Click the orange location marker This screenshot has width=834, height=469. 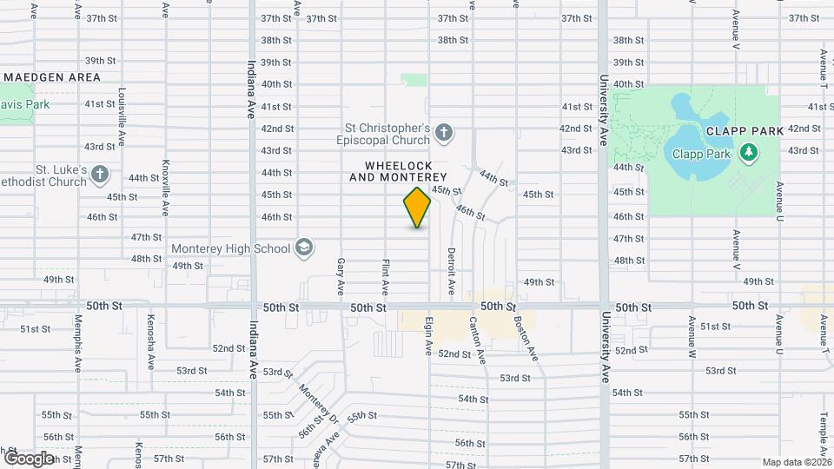(417, 208)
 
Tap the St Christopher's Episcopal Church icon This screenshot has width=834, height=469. (443, 133)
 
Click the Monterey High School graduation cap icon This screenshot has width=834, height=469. (303, 248)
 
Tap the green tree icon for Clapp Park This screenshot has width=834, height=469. (748, 154)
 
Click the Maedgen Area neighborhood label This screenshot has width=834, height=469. (52, 77)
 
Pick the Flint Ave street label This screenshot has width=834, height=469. (385, 274)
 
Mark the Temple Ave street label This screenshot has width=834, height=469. (822, 439)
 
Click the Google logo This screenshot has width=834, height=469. (29, 458)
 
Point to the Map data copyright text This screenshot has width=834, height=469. (798, 462)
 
